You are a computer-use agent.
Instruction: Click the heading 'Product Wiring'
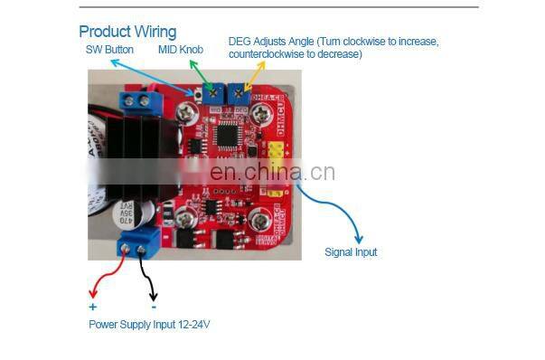127,33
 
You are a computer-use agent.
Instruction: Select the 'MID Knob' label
180,49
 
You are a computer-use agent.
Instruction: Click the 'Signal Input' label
351,252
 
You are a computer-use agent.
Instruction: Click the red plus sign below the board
92,307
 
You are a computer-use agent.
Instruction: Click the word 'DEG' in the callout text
239,43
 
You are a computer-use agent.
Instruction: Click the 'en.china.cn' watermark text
272,172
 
